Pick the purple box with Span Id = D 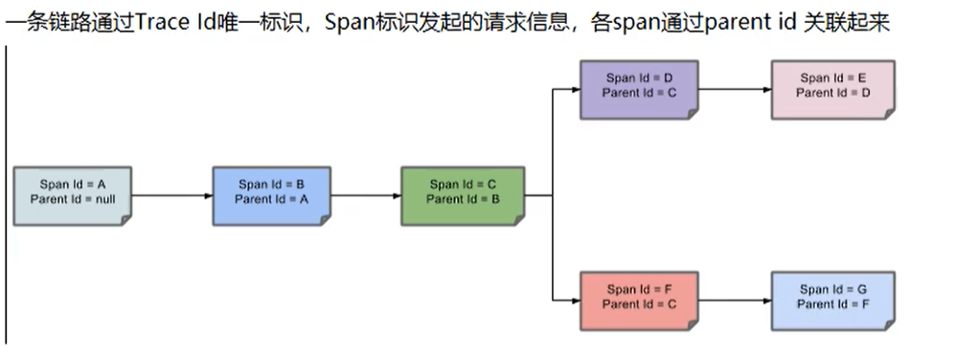click(x=640, y=89)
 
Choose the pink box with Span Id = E click(x=833, y=89)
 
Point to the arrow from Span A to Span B click(x=172, y=196)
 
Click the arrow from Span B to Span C click(x=366, y=196)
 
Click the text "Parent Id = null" click(x=73, y=199)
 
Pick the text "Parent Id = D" click(x=833, y=93)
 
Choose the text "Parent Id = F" click(x=833, y=304)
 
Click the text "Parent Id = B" click(x=463, y=199)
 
